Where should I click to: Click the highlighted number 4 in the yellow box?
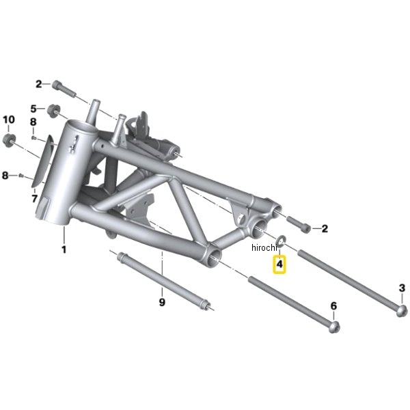coord(279,264)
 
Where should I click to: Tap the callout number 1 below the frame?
coord(64,249)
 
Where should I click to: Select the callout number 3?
coord(402,288)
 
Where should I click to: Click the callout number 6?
coord(333,305)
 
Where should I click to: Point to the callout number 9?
coord(162,302)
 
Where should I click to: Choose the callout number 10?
coord(9,120)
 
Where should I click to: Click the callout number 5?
coord(33,109)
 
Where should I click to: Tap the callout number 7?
coord(35,198)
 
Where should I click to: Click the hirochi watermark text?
coord(264,247)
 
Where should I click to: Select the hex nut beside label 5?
coord(53,111)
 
